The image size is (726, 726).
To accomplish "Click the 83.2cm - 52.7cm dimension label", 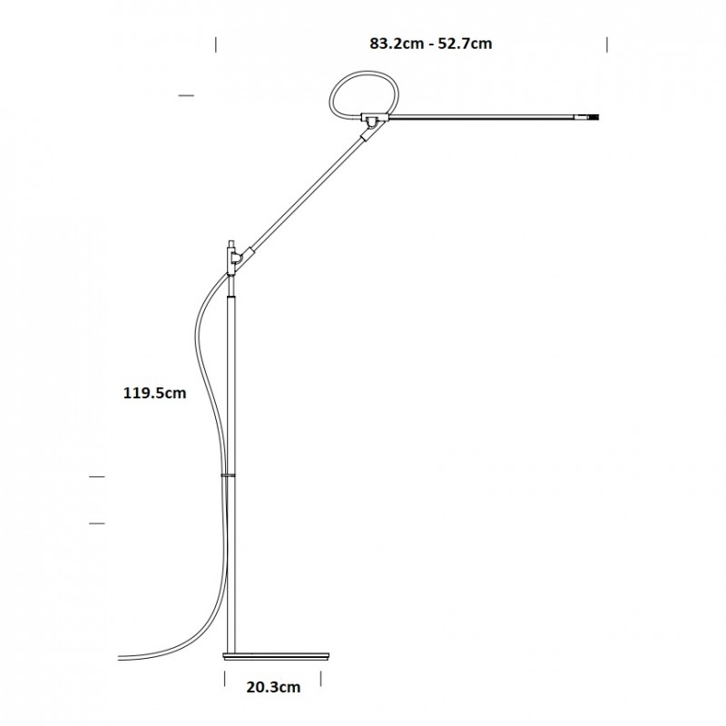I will point(431,43).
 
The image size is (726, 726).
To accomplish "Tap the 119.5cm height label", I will point(155,393).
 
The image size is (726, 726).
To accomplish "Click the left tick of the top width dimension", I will point(216,43).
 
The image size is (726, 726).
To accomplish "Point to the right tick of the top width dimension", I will point(606,43).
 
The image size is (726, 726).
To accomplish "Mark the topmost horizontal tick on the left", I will point(187,94).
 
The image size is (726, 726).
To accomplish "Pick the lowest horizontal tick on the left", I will point(96,523).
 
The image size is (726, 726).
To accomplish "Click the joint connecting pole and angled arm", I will point(236,259).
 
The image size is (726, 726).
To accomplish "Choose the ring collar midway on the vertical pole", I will point(230,474).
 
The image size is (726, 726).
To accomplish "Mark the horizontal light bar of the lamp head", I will point(481,117).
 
